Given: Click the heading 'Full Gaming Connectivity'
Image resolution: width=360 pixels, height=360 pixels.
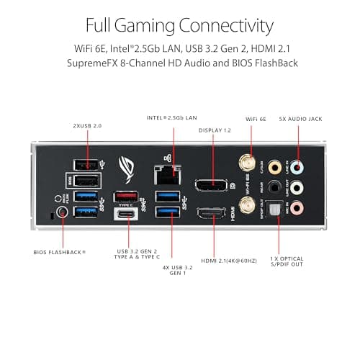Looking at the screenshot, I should coord(179,27).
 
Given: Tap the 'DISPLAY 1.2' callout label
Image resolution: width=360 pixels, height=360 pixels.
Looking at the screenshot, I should coord(215,130).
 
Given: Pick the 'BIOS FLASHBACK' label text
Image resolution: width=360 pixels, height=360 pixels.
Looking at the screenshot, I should coord(60,252).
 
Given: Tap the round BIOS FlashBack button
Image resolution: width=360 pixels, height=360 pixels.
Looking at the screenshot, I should coord(61,214).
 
